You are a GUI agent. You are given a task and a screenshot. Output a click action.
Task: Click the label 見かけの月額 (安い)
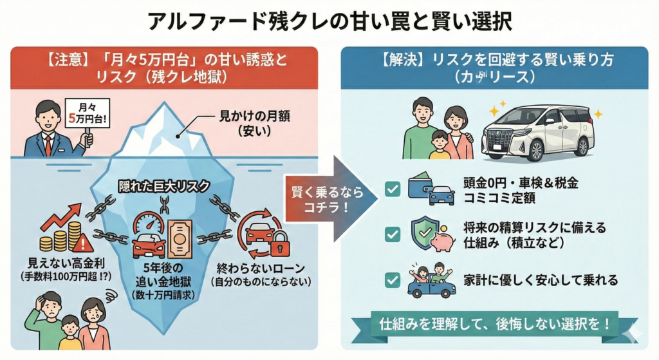tap(245, 123)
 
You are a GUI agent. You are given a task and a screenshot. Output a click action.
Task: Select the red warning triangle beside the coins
tap(82, 243)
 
